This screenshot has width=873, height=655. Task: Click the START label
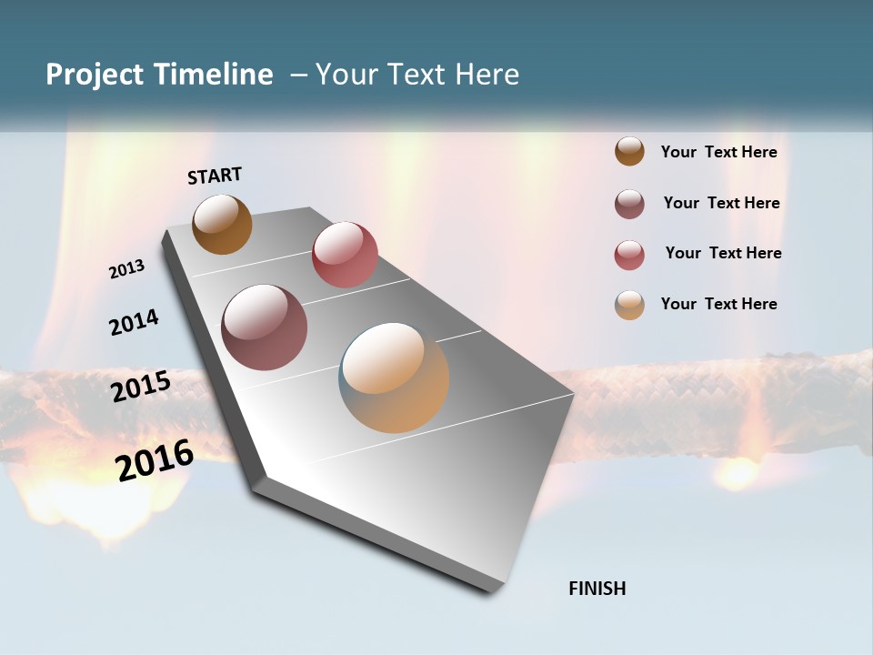215,175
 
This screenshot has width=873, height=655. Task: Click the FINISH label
597,589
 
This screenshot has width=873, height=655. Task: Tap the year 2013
126,269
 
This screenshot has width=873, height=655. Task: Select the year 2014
134,322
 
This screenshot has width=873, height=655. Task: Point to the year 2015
140,387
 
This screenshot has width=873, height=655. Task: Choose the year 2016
155,459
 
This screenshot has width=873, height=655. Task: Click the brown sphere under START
222,224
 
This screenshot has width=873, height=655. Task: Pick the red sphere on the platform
345,255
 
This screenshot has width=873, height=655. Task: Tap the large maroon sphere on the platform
265,327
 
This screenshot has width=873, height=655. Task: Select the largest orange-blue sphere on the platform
394,378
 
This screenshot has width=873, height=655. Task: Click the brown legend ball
629,152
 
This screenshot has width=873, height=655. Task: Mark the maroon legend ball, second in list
629,204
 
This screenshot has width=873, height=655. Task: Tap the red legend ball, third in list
629,255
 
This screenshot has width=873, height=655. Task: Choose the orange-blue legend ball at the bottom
629,305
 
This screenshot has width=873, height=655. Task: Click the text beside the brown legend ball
718,152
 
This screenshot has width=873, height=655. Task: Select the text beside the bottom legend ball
718,304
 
